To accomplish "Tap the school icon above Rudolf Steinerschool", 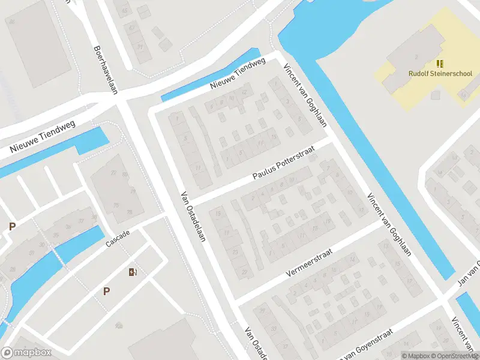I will tap(440, 63).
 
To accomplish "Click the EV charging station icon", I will tap(133, 272).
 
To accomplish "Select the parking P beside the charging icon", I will tap(106, 292).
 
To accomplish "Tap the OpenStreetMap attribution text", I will tap(454, 356).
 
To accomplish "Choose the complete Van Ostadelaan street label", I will tap(193, 217).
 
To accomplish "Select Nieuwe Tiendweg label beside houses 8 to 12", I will tap(238, 75).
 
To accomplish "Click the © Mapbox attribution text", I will tap(415, 356).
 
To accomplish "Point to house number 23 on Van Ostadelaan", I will tap(235, 251).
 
